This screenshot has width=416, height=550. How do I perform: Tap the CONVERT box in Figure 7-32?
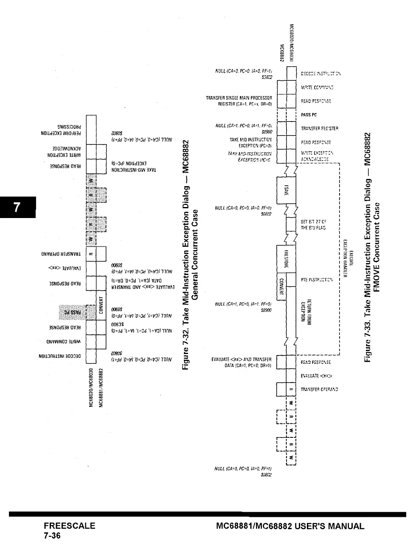click(101, 305)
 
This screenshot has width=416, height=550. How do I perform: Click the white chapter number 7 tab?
click(17, 207)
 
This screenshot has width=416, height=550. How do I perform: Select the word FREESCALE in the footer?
click(69, 526)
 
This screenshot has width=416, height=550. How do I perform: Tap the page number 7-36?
click(52, 536)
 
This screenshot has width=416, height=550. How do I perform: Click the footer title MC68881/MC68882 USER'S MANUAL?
click(290, 526)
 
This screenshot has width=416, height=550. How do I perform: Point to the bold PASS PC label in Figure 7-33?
click(309, 115)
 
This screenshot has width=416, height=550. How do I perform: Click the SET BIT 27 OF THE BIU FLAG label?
click(313, 225)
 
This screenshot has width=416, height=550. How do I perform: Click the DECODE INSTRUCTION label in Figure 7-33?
click(321, 74)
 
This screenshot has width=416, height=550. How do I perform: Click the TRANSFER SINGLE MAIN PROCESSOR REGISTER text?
click(239, 101)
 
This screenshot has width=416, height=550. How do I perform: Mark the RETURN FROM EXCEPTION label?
click(309, 310)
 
